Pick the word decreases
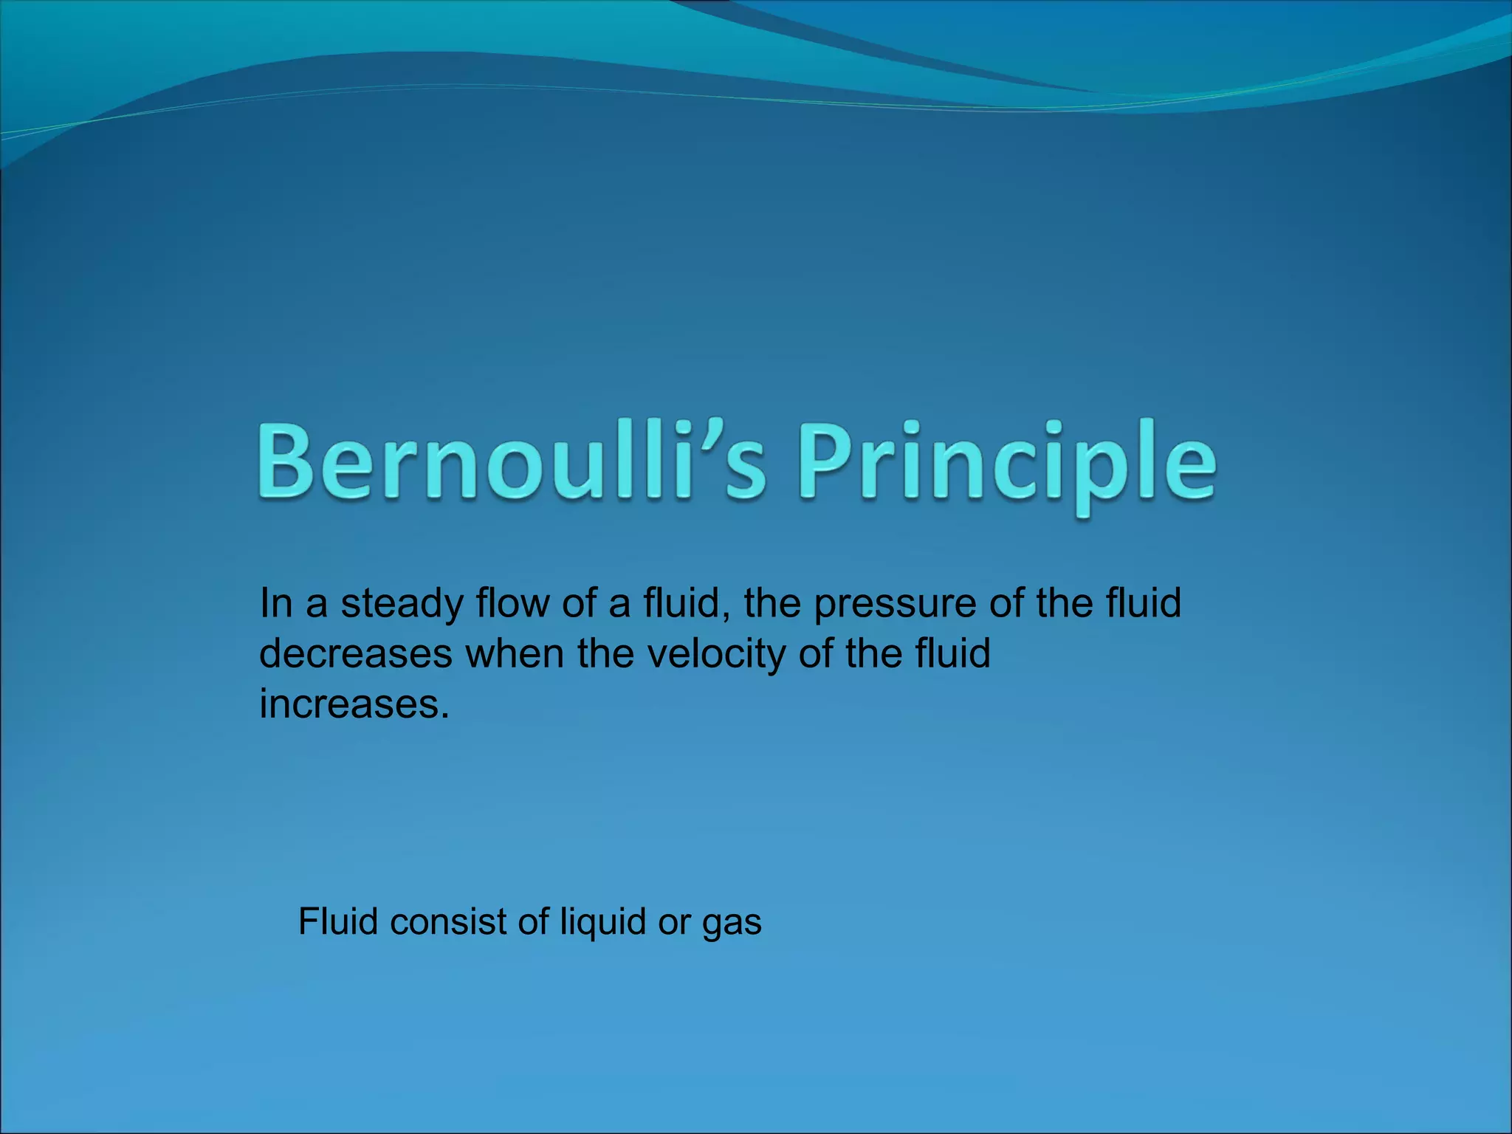[356, 654]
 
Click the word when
[515, 654]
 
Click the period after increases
[444, 717]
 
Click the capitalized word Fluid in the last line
[339, 921]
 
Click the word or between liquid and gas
[675, 923]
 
